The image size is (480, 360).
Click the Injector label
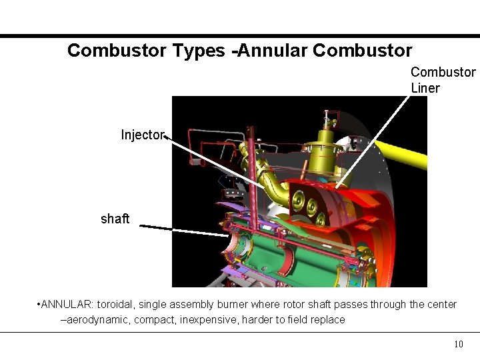point(142,135)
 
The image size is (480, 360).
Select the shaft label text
point(115,219)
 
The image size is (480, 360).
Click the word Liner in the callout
point(425,88)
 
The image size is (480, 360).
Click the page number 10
point(458,344)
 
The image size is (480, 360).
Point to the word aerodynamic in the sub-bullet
point(97,320)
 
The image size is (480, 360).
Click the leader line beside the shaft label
point(187,230)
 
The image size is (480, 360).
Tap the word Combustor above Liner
point(443,72)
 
